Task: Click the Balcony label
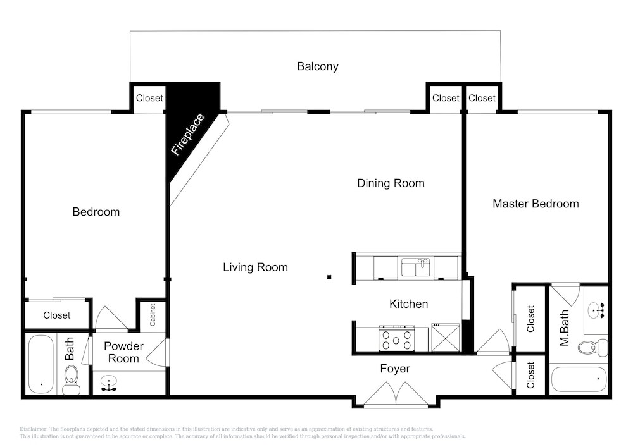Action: [317, 66]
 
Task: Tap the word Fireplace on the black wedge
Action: [188, 135]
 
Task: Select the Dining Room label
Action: [391, 183]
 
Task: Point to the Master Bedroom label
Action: [536, 204]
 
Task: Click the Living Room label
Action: [255, 267]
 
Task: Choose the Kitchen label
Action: [408, 304]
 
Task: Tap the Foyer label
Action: [395, 369]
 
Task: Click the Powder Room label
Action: [123, 352]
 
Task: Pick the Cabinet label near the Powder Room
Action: [153, 315]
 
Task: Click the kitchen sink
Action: [415, 267]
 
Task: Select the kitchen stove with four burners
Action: [396, 339]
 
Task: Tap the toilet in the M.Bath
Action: [592, 348]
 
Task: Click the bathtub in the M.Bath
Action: [579, 379]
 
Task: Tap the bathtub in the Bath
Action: [41, 364]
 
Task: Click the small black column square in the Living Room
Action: [329, 277]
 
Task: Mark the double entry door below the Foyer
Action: [396, 393]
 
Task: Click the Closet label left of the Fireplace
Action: [149, 98]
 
